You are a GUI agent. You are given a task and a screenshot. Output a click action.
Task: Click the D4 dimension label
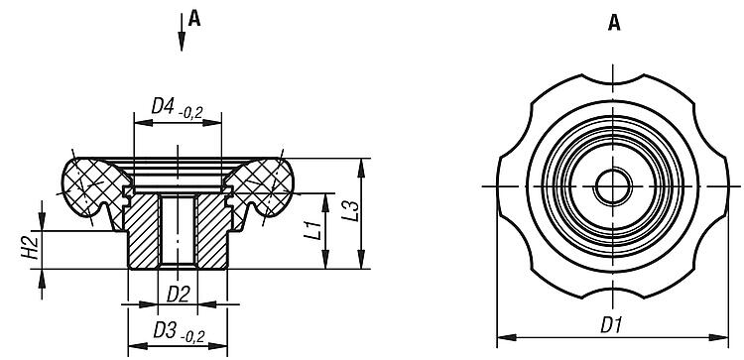[163, 106]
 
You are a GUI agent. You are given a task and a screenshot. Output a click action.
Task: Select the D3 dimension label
[164, 330]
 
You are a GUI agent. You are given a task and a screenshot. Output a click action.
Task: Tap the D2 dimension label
[178, 295]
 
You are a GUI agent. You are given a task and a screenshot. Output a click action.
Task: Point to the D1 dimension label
[611, 325]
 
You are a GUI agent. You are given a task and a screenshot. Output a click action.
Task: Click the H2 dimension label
[31, 247]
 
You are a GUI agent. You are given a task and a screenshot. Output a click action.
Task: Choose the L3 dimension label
[350, 210]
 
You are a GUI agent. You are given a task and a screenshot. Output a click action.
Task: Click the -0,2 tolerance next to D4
[190, 112]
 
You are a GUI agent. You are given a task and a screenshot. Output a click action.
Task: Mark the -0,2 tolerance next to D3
[192, 337]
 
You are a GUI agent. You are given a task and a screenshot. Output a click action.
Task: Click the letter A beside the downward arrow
[194, 19]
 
